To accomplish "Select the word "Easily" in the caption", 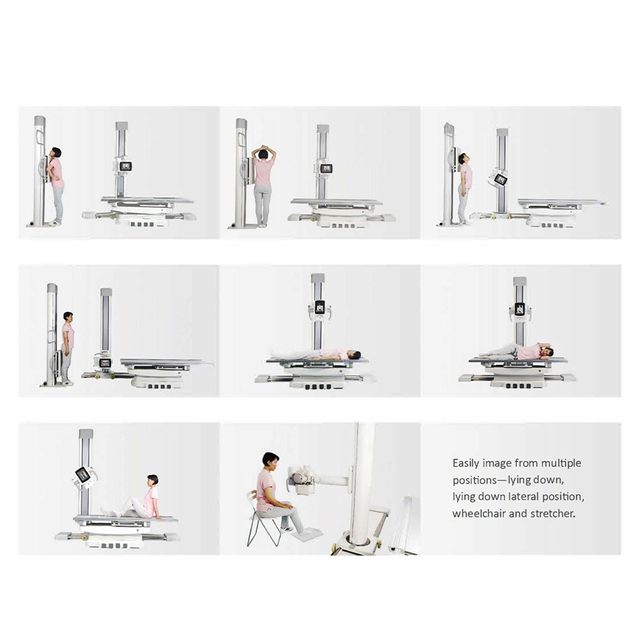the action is coord(465,464).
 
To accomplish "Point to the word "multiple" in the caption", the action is coord(561,464).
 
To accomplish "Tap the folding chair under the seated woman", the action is coord(262,520).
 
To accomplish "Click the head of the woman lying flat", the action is coord(356,354).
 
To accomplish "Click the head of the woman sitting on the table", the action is coord(152,480).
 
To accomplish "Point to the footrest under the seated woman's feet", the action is coord(305,534).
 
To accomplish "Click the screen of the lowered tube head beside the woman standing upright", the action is coord(106,363).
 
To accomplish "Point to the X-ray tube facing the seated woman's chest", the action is coord(302,477).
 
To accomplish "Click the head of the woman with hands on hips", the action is coord(55,153).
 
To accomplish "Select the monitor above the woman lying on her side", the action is coord(520,308).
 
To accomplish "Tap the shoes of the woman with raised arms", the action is coord(262,225).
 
